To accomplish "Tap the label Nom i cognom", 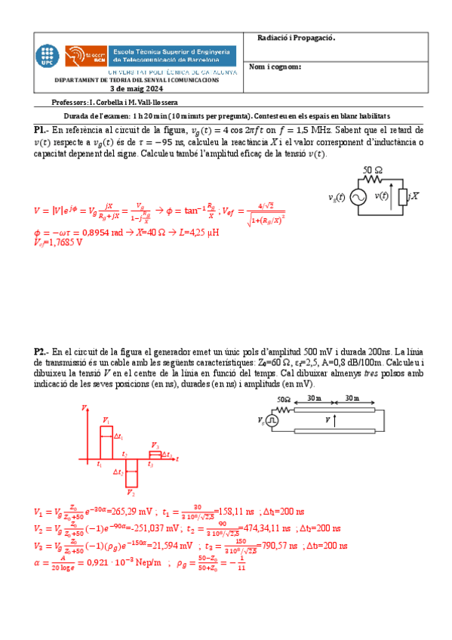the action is (275, 66).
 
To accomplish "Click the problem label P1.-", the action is (42, 130).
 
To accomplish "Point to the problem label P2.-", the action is (42, 352).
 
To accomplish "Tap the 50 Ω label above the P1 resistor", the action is (372, 169).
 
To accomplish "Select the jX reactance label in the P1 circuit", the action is (413, 195).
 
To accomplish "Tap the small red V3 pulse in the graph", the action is (155, 454).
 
